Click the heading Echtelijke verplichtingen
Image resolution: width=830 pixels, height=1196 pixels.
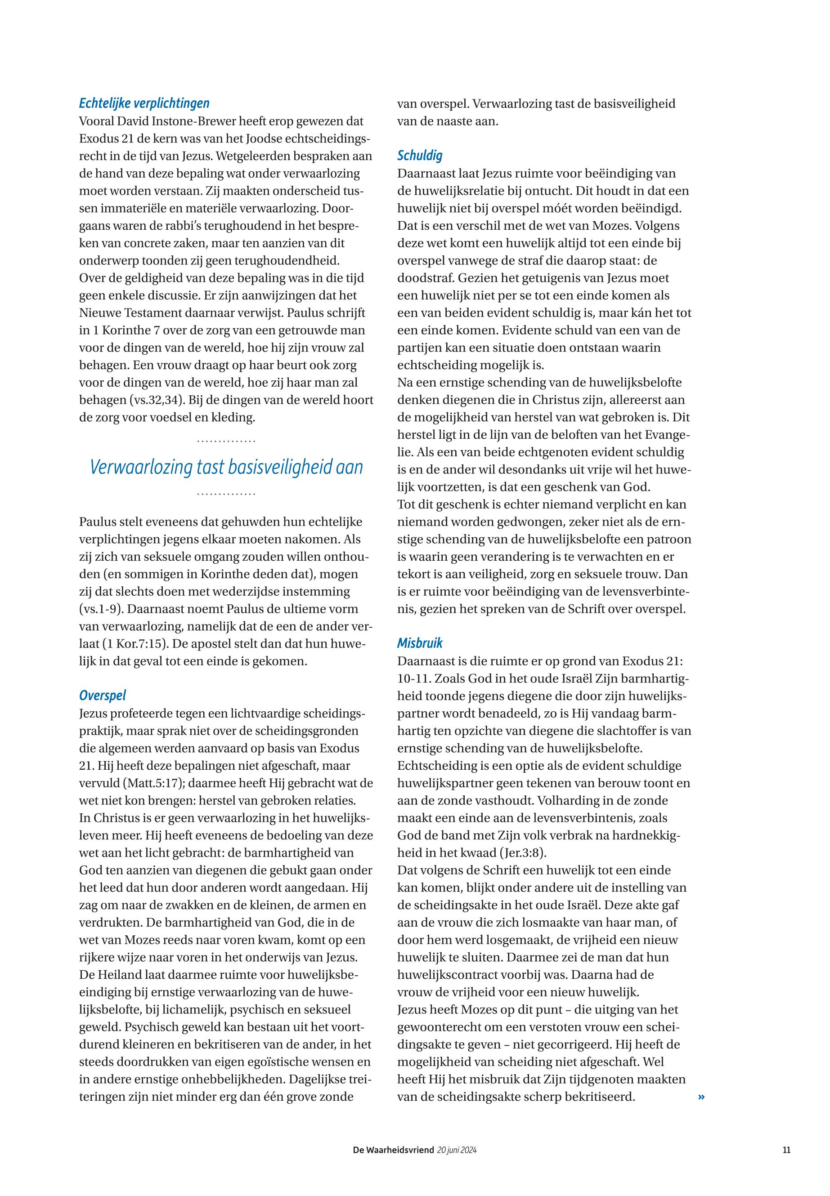(x=144, y=103)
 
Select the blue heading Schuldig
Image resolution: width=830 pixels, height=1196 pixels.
(x=420, y=156)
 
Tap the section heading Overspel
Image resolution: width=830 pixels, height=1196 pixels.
(x=103, y=696)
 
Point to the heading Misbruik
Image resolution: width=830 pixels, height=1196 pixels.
(x=420, y=643)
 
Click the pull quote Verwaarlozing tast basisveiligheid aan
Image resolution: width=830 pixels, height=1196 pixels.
(x=226, y=467)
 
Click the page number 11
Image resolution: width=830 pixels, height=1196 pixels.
(x=786, y=1150)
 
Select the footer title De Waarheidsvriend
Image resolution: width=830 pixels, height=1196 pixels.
(x=393, y=1150)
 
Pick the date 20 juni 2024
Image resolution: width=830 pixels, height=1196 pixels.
(x=457, y=1150)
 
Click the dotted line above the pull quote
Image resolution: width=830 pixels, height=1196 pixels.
(x=226, y=442)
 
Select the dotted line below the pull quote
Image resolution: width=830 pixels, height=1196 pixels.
(x=226, y=494)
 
